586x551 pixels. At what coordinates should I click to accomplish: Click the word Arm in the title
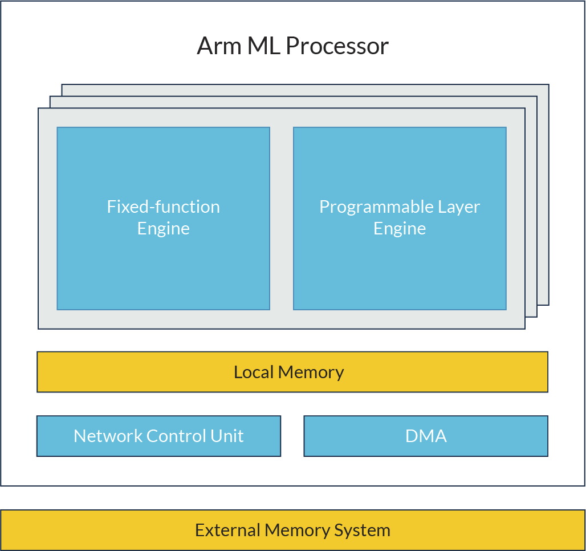coord(219,46)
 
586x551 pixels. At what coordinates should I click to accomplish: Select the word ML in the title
coord(264,46)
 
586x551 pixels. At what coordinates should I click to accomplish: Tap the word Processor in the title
coord(337,46)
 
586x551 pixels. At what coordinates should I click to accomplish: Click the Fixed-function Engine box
coord(164,218)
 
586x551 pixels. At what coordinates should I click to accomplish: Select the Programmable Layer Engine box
coord(400,218)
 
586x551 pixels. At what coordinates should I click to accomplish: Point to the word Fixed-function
coord(164,206)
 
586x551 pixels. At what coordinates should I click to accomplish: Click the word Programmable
coord(376,207)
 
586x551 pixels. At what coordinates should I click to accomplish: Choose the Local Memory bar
coord(292,372)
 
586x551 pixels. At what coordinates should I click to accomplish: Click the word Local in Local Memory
coord(254,372)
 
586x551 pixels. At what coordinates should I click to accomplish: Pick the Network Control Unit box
coord(158,436)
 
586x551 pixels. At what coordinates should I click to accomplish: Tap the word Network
coord(108,436)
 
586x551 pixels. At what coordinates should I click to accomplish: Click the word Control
coord(176,436)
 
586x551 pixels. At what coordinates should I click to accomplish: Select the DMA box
coord(426,436)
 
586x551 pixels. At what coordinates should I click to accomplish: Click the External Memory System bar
coord(292,530)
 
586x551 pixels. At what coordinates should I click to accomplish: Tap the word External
coord(227,530)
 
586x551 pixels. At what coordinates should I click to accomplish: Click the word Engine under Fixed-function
coord(164,229)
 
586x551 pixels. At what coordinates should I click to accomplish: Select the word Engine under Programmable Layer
coord(400,229)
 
